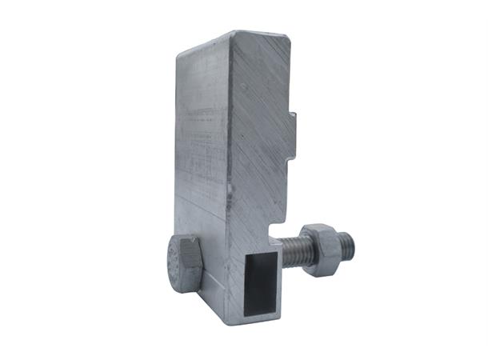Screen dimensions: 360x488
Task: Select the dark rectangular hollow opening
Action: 257,280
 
